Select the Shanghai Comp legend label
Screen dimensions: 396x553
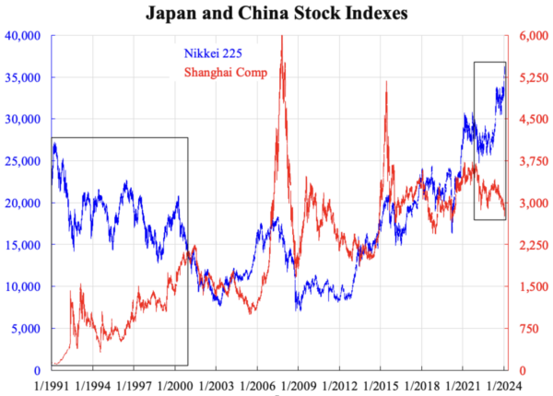point(226,73)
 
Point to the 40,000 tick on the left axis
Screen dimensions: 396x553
point(24,35)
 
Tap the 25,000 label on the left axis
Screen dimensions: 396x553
point(24,160)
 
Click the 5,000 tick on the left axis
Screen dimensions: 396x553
point(28,328)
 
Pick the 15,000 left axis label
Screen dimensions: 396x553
point(24,244)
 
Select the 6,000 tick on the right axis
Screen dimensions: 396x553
point(529,35)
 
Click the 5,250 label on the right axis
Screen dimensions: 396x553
point(529,77)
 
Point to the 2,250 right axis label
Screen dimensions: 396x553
point(529,244)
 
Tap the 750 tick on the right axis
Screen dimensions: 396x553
point(524,328)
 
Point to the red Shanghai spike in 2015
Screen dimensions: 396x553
point(385,83)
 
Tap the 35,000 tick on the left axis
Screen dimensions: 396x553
point(24,77)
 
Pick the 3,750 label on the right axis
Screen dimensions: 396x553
point(529,160)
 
